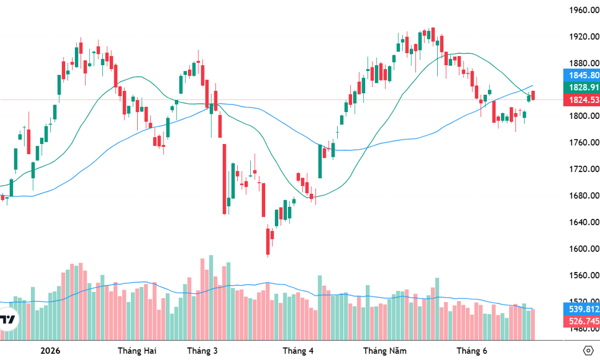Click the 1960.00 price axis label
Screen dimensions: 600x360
[584, 10]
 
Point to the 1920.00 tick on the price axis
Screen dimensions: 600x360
[584, 37]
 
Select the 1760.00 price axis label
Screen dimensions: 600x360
[584, 143]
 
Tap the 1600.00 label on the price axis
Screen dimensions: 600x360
[584, 249]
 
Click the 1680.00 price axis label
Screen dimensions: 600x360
[584, 195]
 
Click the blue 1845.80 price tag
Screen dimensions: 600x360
[582, 75]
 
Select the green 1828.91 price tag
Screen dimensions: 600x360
[582, 87]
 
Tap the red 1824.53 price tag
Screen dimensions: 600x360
[582, 100]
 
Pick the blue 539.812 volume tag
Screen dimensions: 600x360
[582, 309]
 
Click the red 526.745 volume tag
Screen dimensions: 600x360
[582, 321]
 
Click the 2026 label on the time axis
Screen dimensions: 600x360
[50, 351]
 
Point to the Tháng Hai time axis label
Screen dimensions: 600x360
[137, 351]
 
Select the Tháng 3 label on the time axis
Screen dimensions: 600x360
[202, 351]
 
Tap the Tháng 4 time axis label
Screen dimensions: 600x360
[298, 351]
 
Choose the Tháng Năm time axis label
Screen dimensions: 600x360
[385, 351]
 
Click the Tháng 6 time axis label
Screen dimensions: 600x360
[472, 351]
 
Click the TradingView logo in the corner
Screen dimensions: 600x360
[7, 319]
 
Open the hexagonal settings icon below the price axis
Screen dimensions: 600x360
[588, 350]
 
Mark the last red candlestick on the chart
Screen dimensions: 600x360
[533, 95]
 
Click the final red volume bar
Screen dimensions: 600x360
[533, 325]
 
